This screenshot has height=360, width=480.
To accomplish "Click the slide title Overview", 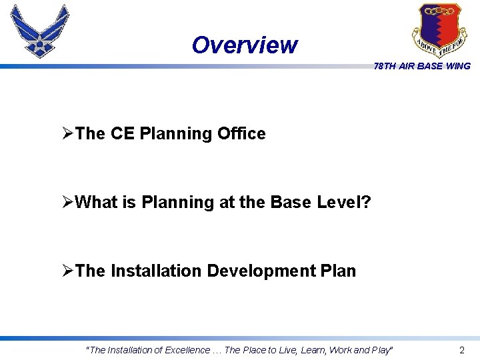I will pyautogui.click(x=244, y=45).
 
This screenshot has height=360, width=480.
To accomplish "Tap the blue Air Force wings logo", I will pyautogui.click(x=40, y=31).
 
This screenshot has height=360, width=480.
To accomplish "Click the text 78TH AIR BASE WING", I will pyautogui.click(x=422, y=66).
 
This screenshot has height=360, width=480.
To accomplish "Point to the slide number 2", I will pyautogui.click(x=462, y=350).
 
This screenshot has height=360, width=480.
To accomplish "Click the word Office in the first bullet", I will pyautogui.click(x=241, y=133).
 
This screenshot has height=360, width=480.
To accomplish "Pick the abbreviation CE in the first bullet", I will pyautogui.click(x=122, y=133).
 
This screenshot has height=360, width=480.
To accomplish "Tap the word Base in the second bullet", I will pyautogui.click(x=290, y=202).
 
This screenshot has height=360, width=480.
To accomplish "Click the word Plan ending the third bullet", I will pyautogui.click(x=338, y=271).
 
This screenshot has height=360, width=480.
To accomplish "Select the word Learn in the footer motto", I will pyautogui.click(x=315, y=350).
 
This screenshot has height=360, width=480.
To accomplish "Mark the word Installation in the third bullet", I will pyautogui.click(x=156, y=271).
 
